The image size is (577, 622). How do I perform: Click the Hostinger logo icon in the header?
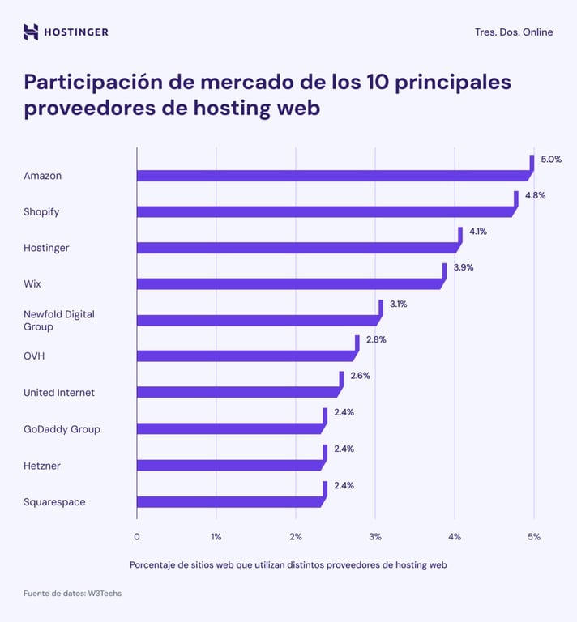tap(31, 32)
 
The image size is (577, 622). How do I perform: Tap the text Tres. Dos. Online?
tap(514, 32)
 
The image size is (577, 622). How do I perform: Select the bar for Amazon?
tap(332, 176)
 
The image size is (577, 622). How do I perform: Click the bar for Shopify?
tap(324, 212)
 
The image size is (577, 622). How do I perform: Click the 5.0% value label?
tap(550, 160)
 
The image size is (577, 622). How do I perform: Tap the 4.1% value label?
tap(478, 232)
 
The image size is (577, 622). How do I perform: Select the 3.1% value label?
tap(398, 305)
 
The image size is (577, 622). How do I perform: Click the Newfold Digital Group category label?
tap(59, 320)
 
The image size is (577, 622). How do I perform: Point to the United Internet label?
tap(59, 393)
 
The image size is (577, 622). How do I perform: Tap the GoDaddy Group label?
tap(62, 429)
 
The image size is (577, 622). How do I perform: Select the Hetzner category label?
tap(42, 466)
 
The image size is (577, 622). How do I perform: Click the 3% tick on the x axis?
tap(375, 536)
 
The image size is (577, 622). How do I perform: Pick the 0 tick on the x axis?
tap(136, 536)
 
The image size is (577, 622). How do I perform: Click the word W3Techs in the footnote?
tap(104, 594)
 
